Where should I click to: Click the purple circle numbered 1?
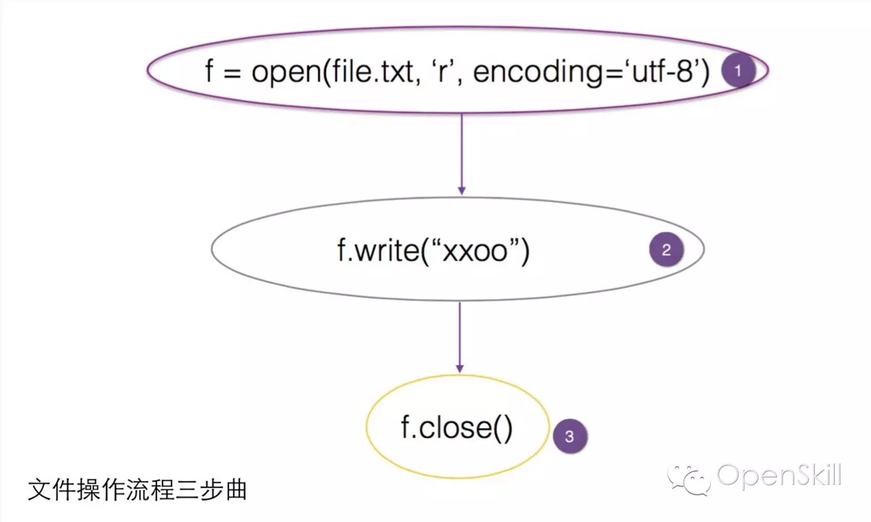(x=738, y=71)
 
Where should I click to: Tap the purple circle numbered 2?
(x=666, y=250)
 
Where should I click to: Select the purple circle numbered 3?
(x=570, y=436)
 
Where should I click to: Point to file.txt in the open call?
(x=373, y=71)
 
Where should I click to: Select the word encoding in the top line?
(x=536, y=72)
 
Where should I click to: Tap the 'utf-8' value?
(x=662, y=71)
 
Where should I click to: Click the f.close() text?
(x=457, y=427)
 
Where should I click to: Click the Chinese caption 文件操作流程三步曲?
(x=137, y=490)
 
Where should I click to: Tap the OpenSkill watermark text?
(x=779, y=476)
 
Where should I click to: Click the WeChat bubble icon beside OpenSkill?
(x=690, y=479)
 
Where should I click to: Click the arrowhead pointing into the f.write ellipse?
(x=462, y=190)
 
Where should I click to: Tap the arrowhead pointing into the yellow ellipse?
(x=459, y=368)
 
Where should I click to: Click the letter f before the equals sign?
(x=209, y=71)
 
